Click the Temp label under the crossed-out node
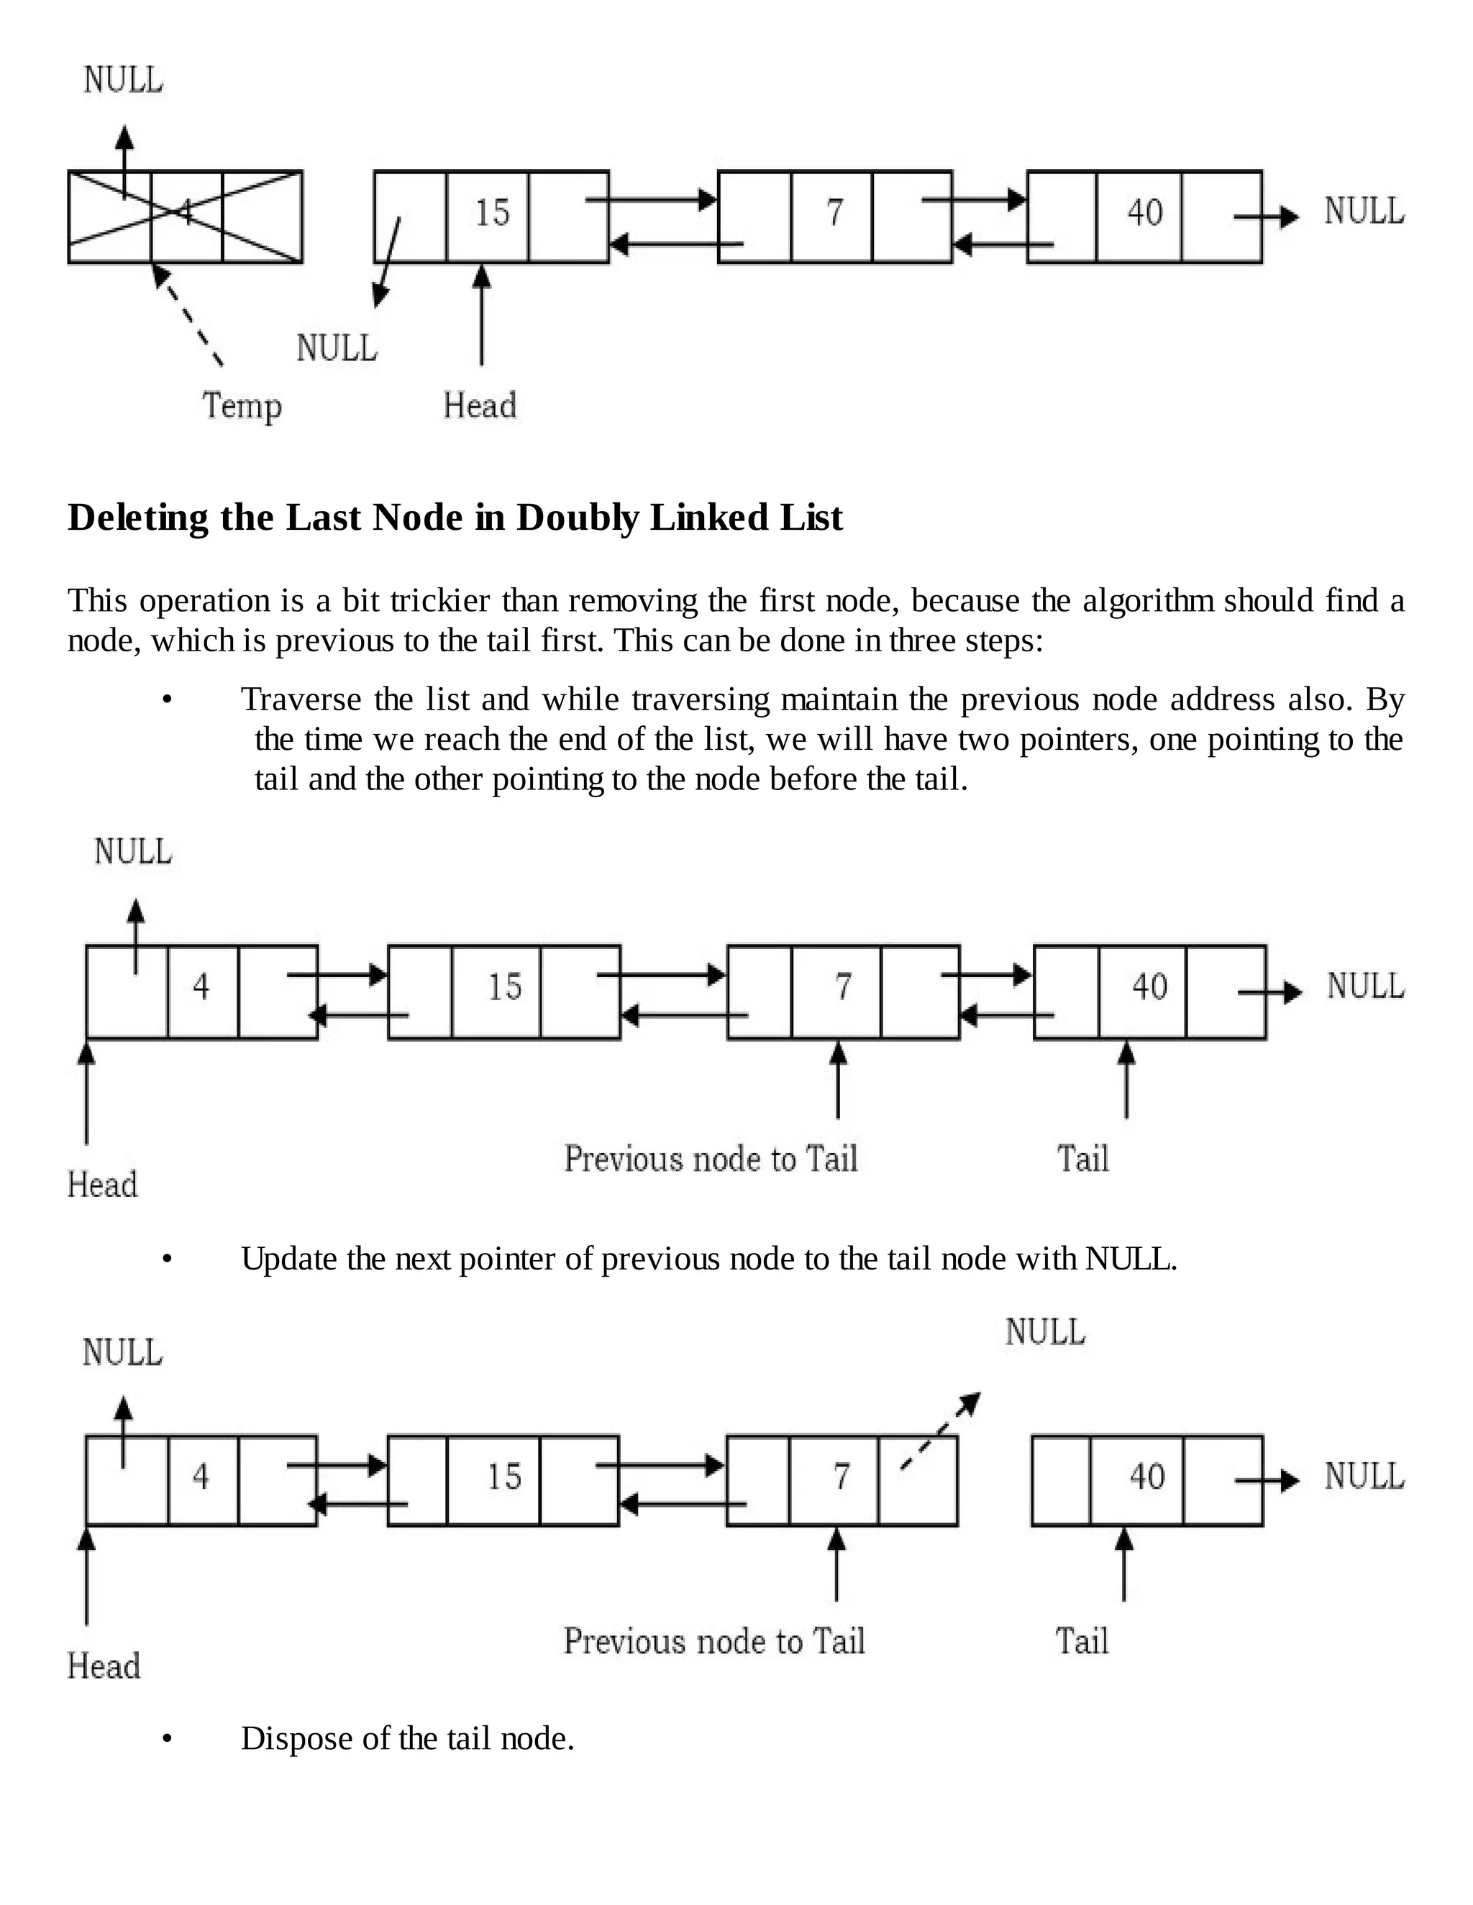tap(242, 406)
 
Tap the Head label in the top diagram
tap(479, 405)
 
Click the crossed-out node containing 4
tap(185, 216)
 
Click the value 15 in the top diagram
tap(491, 213)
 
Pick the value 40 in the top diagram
tap(1144, 213)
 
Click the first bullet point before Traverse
tap(167, 700)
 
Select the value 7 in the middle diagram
tap(842, 986)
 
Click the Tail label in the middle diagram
tap(1082, 1160)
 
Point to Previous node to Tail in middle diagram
tap(711, 1160)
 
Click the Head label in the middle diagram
tap(102, 1185)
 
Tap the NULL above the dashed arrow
tap(1044, 1332)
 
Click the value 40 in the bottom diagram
tap(1146, 1477)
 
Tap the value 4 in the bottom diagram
tap(201, 1477)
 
